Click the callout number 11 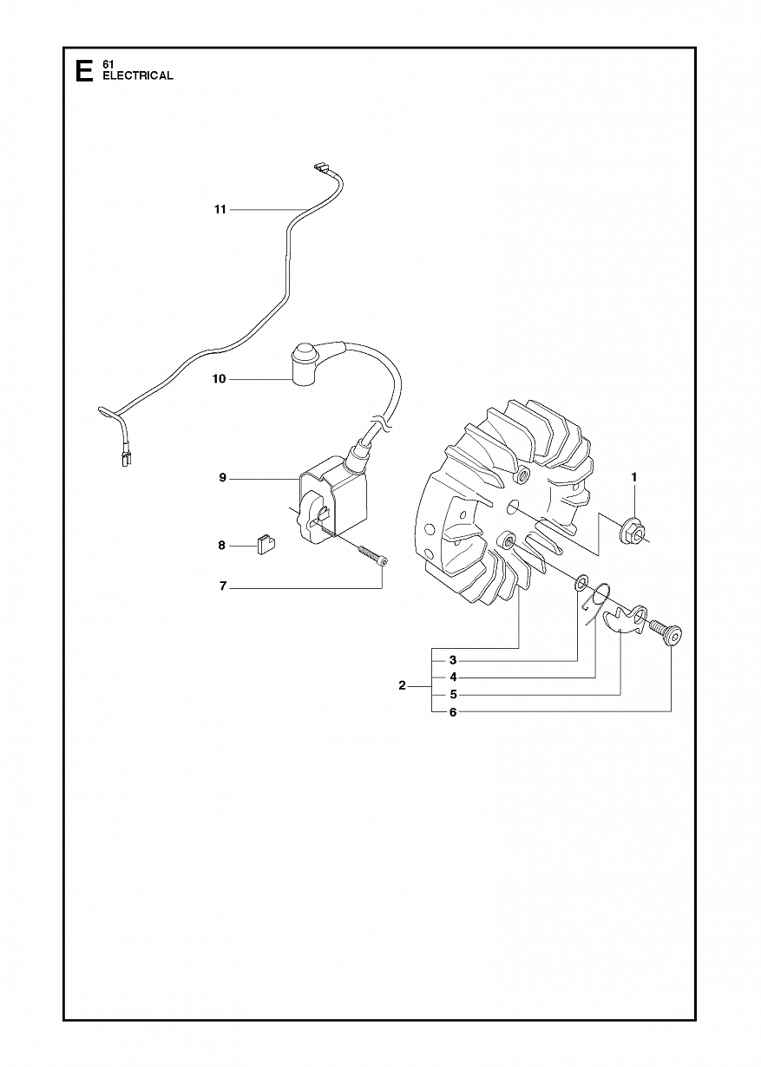point(220,210)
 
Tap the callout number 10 point(220,379)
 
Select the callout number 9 point(222,478)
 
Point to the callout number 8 point(221,546)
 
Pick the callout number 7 point(222,586)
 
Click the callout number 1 point(633,477)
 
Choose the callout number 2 point(402,686)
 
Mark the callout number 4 point(453,677)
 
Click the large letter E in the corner point(85,71)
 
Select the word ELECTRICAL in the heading point(138,75)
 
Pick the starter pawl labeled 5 point(624,620)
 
